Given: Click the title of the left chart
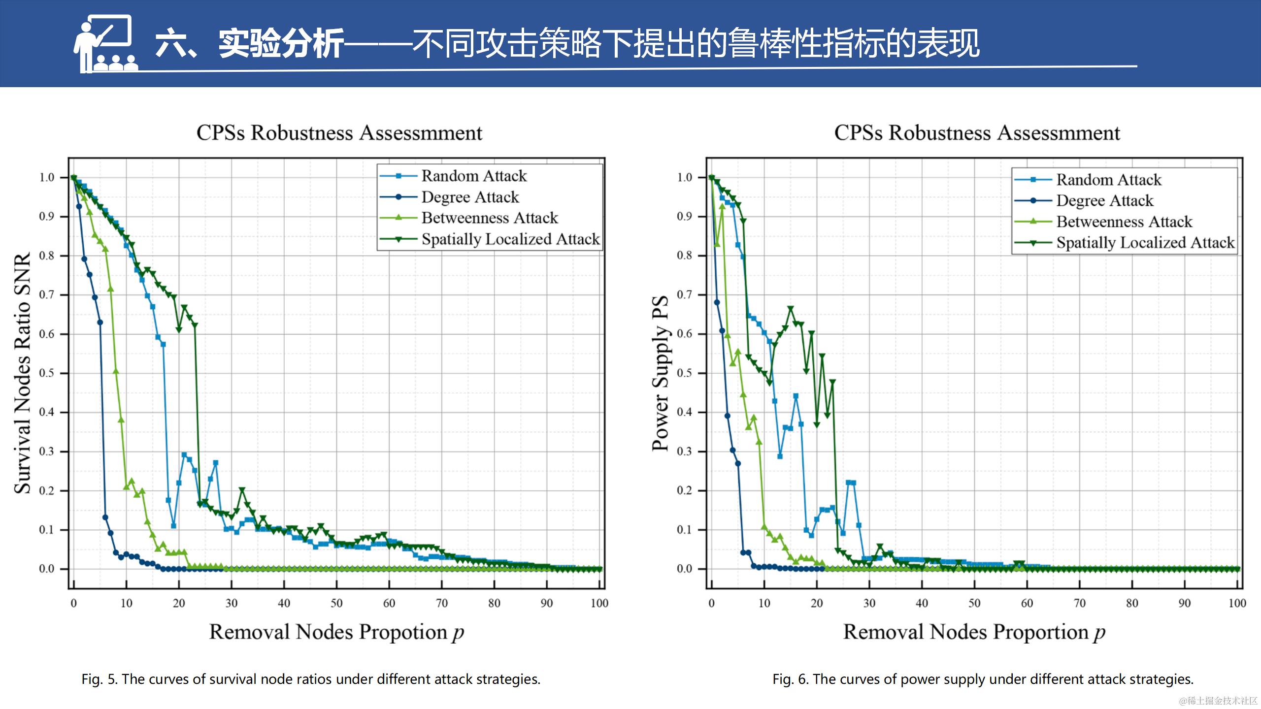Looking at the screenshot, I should click(x=339, y=133).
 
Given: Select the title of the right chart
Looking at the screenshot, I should click(x=977, y=133).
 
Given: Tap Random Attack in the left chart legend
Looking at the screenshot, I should click(x=474, y=176).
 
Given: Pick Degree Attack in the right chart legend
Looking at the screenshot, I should click(x=1104, y=201).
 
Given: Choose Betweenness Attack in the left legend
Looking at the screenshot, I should click(x=490, y=218).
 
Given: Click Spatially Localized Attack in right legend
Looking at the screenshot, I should click(x=1145, y=243).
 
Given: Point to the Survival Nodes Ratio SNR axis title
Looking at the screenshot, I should click(x=23, y=373).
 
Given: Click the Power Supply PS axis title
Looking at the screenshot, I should click(x=661, y=373).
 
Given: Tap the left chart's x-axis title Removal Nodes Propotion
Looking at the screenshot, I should click(x=336, y=632).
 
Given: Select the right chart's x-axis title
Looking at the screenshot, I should click(x=974, y=632).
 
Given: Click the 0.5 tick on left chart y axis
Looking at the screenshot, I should click(x=47, y=373).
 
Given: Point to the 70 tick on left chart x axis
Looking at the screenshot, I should click(x=442, y=603).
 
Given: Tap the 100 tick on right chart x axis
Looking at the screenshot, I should click(x=1237, y=603).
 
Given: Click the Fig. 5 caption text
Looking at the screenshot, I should click(x=311, y=679).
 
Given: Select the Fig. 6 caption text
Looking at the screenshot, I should click(x=983, y=679).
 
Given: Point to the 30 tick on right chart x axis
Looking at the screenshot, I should click(x=869, y=603).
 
